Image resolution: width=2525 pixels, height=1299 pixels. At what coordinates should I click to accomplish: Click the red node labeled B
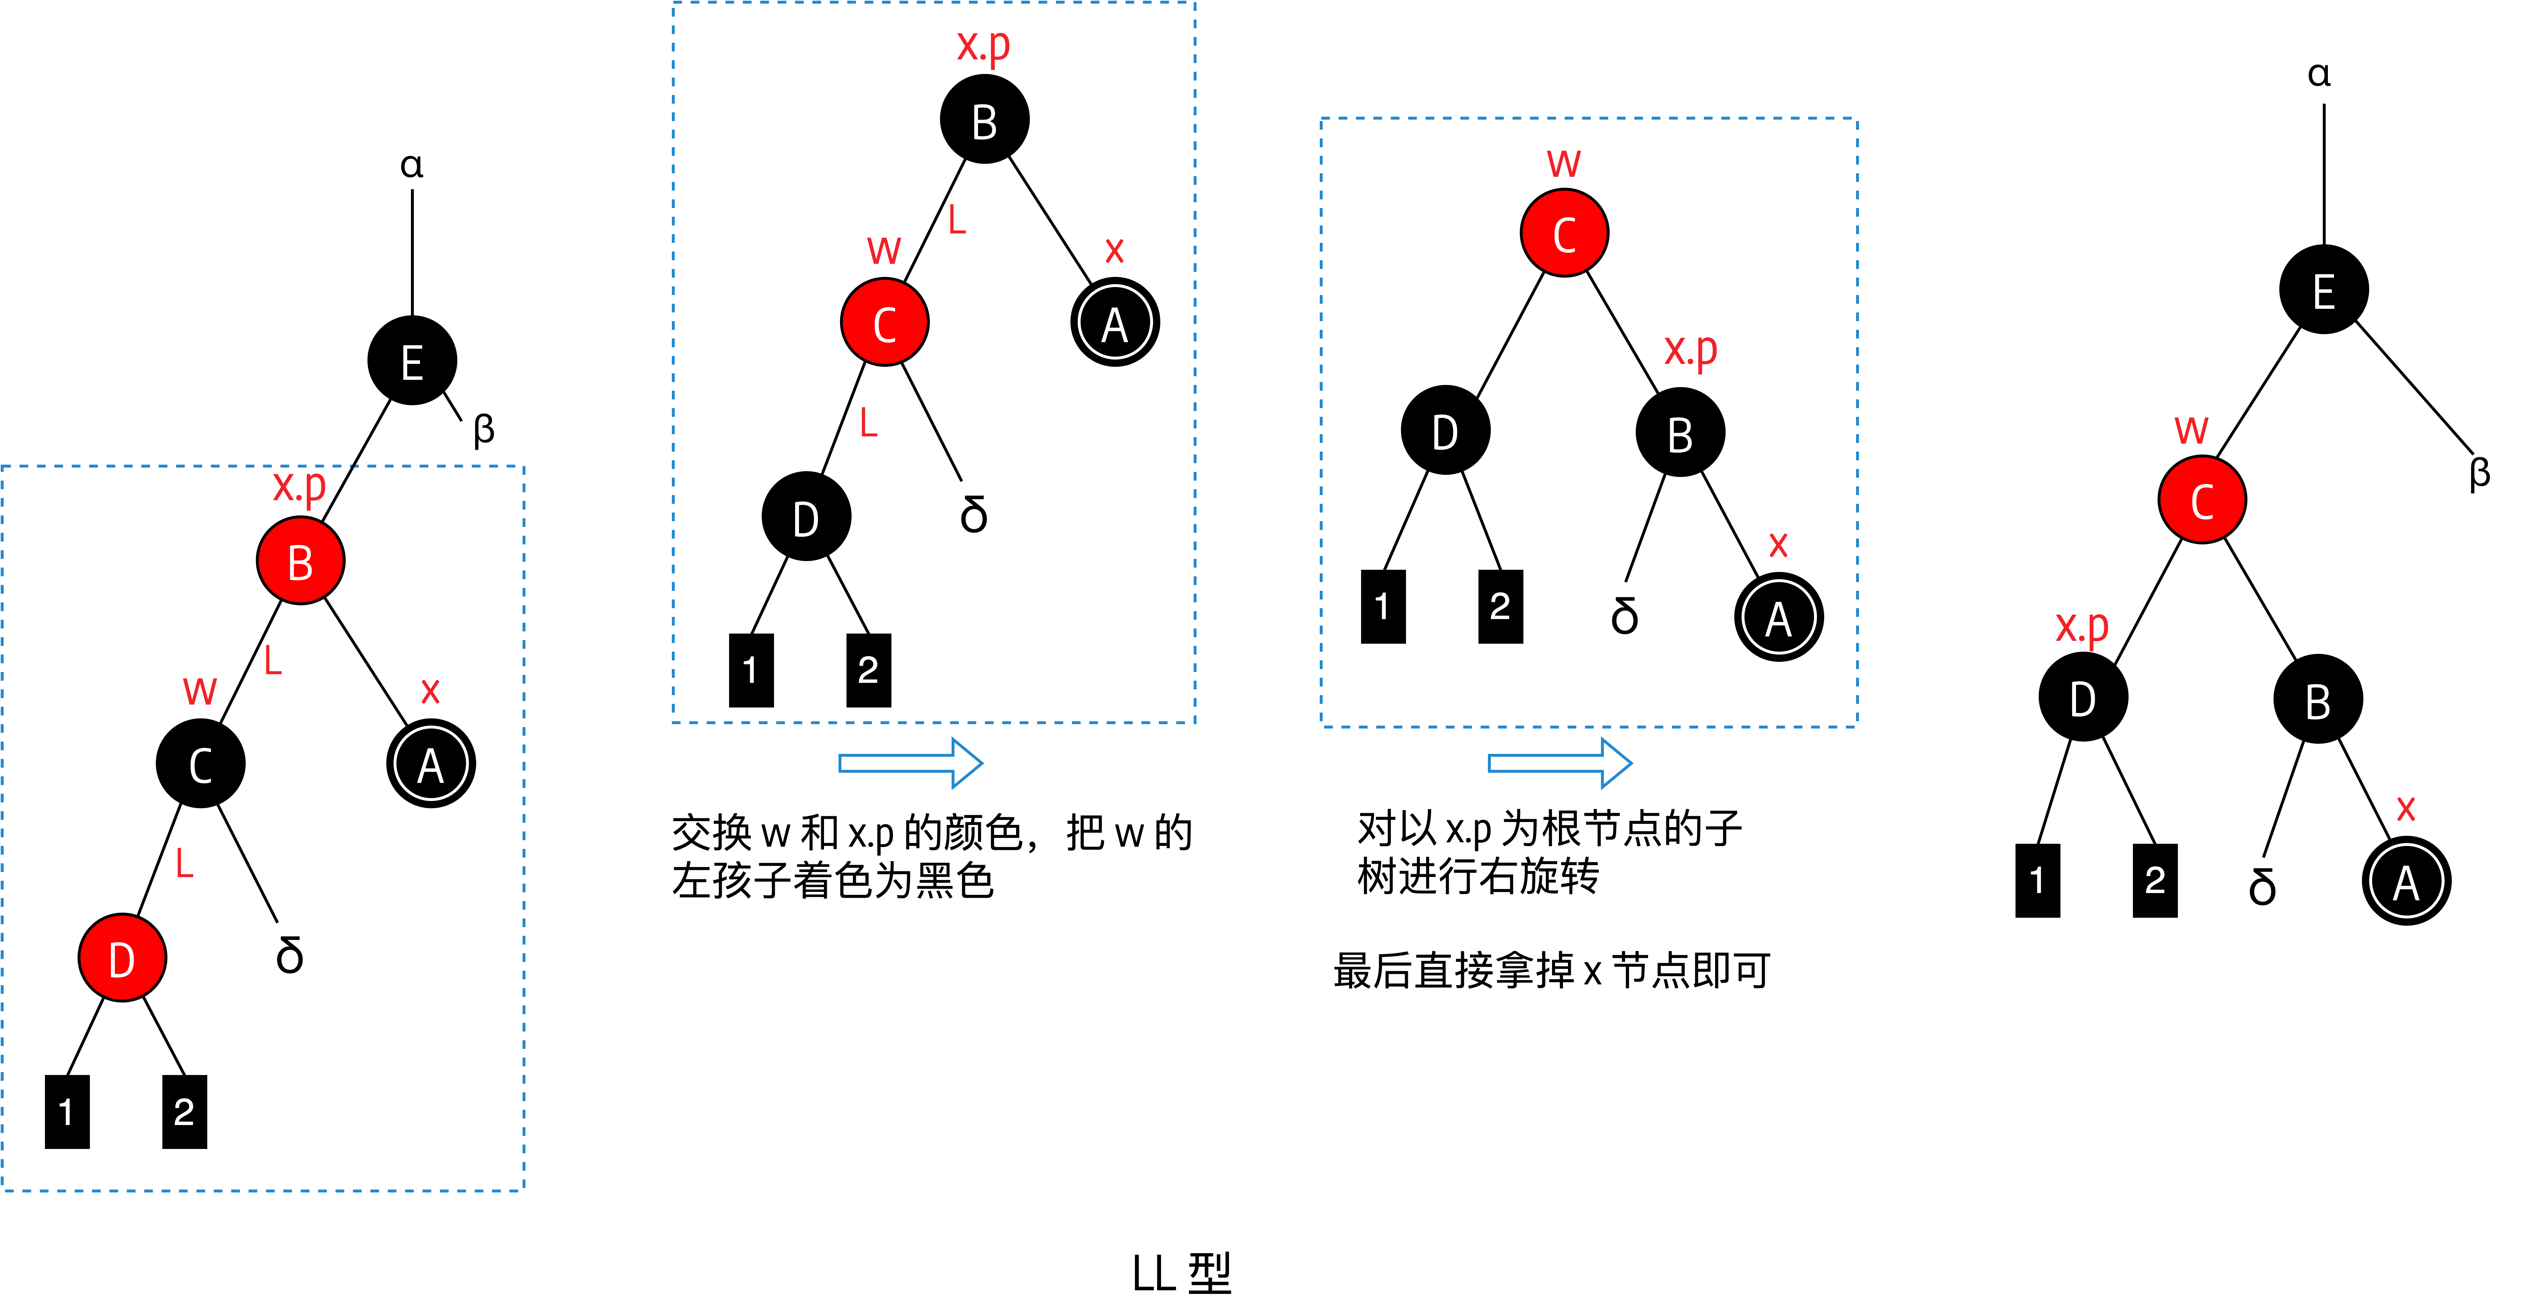(x=300, y=561)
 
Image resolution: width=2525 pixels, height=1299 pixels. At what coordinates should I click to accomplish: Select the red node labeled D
(x=121, y=958)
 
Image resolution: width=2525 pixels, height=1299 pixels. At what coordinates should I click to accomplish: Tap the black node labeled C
(x=200, y=764)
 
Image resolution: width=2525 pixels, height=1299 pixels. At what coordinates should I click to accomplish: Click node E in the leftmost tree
(x=412, y=361)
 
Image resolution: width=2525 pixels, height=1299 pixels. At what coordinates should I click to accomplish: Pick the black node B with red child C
(x=984, y=120)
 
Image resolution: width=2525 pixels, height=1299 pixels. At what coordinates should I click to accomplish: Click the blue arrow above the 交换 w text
(x=910, y=763)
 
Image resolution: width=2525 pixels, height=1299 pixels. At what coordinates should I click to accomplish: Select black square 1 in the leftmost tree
(x=67, y=1112)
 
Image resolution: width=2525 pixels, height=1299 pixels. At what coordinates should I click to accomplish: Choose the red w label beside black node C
(x=199, y=690)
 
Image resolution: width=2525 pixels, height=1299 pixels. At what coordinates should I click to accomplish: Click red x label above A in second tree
(x=1114, y=250)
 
